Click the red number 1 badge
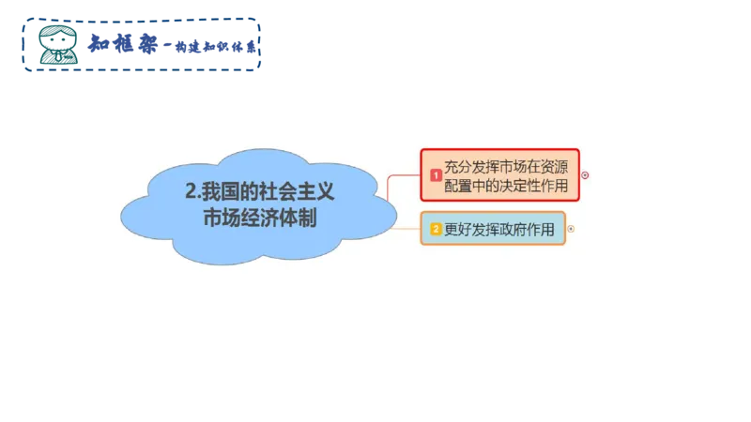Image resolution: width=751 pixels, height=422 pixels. click(x=436, y=175)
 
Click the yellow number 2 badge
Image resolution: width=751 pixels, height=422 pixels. click(x=436, y=229)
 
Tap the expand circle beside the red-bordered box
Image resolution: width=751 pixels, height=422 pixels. click(x=586, y=174)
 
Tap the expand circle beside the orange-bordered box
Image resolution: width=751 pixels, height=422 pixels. click(x=571, y=229)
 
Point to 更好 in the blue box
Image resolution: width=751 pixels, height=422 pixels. click(x=457, y=229)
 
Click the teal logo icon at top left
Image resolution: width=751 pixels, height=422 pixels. click(x=59, y=43)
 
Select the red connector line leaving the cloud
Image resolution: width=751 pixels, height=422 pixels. click(x=404, y=175)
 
